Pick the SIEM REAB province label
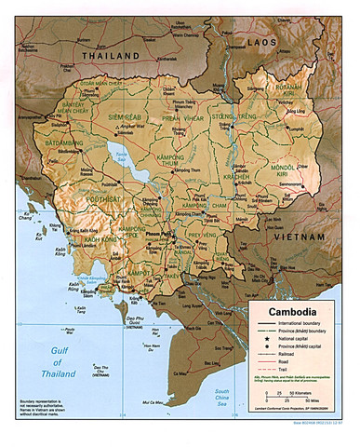(x=124, y=117)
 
